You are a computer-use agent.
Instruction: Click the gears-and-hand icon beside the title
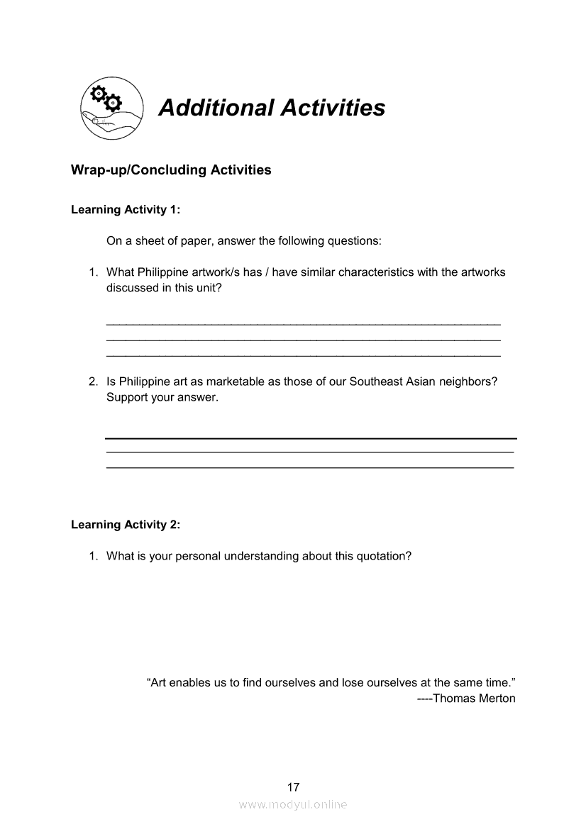pos(111,108)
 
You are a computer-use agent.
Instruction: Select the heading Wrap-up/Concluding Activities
pos(171,170)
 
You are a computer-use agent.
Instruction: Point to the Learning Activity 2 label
pos(126,525)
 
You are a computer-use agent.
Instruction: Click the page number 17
pos(293,787)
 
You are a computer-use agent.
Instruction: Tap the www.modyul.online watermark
pos(293,805)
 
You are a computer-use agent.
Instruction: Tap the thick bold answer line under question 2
pos(311,438)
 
